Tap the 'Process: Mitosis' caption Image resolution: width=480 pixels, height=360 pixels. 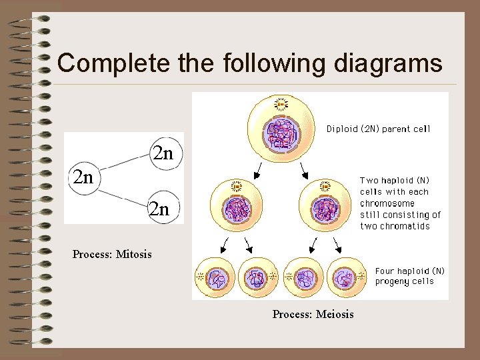coord(112,254)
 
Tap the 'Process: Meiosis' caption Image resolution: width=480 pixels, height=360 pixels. coord(313,314)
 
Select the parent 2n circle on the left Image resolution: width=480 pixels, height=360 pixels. coord(83,177)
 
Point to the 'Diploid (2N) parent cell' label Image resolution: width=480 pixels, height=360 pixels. coord(378,129)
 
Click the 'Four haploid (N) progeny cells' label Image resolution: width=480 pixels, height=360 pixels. coord(409,276)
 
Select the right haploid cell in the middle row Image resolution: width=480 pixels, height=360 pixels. coord(325,209)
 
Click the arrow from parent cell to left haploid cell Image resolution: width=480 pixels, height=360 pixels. coord(258,171)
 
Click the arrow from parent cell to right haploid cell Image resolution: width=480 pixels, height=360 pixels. coord(303,171)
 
